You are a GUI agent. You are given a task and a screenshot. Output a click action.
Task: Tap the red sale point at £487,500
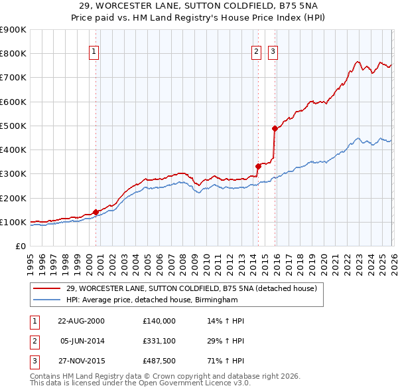275,128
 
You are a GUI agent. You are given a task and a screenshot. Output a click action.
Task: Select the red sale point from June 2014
257,166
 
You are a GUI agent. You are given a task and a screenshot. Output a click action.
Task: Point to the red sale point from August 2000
96,212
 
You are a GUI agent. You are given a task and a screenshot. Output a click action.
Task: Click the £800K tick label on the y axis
13,54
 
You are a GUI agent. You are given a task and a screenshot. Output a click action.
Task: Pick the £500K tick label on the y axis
13,126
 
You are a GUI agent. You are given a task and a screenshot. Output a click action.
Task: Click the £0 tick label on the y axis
19,246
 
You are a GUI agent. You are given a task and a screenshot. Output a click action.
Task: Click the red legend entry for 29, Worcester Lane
192,288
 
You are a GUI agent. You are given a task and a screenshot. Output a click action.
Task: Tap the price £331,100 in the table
159,341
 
